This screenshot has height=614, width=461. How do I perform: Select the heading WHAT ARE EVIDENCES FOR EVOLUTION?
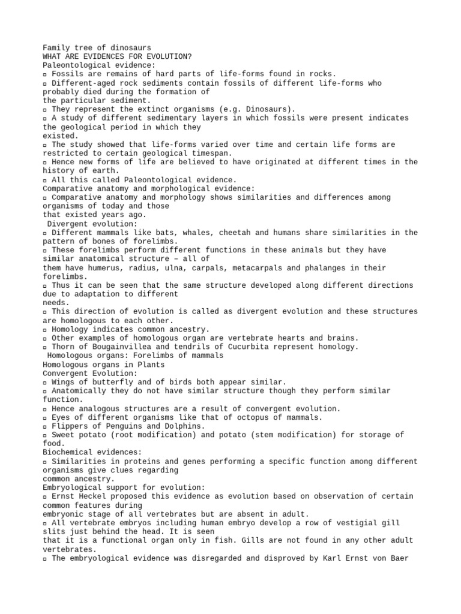pyautogui.click(x=118, y=57)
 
